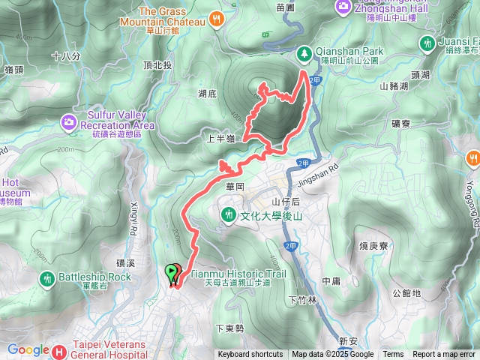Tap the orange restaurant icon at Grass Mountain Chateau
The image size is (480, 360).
(x=217, y=19)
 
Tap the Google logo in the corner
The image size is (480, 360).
(x=28, y=349)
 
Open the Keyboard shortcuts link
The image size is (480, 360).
(x=250, y=355)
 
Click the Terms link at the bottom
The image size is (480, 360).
(x=393, y=355)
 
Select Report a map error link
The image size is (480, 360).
(x=445, y=355)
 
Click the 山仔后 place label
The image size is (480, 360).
(x=286, y=202)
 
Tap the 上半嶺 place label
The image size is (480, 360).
(x=221, y=139)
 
